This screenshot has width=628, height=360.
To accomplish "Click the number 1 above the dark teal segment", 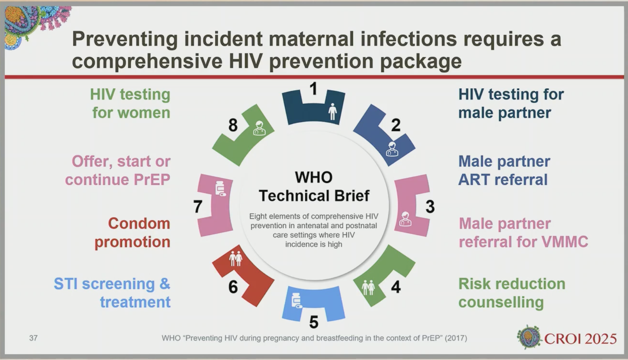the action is click(314, 89).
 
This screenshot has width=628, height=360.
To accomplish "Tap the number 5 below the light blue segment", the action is click(314, 322).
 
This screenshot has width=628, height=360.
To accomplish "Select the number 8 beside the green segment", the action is click(233, 125).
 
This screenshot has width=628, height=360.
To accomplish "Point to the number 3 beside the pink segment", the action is click(430, 207).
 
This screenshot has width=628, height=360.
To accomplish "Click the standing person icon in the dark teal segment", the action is click(333, 111).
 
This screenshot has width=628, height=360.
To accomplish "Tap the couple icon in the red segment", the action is click(236, 258).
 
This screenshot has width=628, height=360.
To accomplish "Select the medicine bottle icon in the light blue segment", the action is click(297, 301).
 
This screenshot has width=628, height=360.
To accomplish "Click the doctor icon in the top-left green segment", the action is click(259, 128).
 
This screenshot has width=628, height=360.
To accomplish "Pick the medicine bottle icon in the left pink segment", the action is click(220, 189).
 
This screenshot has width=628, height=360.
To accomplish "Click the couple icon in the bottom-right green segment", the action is click(368, 288).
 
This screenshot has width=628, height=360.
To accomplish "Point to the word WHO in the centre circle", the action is click(314, 177).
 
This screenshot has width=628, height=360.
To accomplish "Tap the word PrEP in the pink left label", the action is click(152, 180).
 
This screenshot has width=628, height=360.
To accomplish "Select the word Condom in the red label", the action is click(139, 224).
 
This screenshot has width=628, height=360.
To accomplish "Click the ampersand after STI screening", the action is click(165, 283).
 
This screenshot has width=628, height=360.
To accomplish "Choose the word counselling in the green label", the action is click(501, 302).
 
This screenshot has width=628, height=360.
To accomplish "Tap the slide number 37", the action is click(33, 338).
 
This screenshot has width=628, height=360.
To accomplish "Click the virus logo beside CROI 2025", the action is click(529, 337).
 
